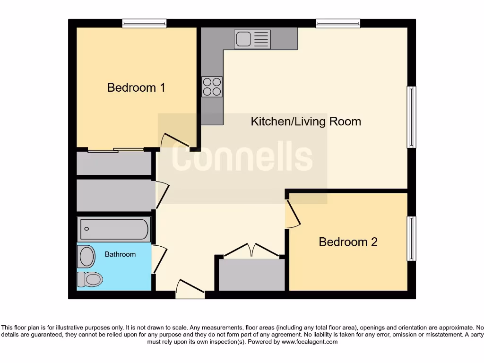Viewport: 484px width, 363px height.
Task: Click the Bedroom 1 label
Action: pyautogui.click(x=136, y=87)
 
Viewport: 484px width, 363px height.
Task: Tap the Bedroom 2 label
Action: pyautogui.click(x=348, y=242)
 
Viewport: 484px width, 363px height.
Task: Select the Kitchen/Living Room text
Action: pyautogui.click(x=305, y=121)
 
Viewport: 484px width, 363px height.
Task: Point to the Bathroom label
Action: pyautogui.click(x=120, y=254)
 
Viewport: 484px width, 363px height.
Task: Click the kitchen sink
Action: pyautogui.click(x=252, y=39)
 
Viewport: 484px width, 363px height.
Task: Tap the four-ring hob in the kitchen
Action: pyautogui.click(x=212, y=86)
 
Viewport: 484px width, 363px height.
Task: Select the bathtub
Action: pyautogui.click(x=114, y=230)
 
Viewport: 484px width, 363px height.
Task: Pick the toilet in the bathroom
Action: pyautogui.click(x=90, y=279)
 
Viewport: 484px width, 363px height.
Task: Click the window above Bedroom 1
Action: pyautogui.click(x=144, y=23)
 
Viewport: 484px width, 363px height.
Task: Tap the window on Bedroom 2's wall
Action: pyautogui.click(x=412, y=238)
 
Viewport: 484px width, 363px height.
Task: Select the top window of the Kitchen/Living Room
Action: pyautogui.click(x=338, y=23)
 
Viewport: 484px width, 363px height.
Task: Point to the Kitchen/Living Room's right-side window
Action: pyautogui.click(x=412, y=117)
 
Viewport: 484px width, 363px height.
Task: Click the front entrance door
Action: pyautogui.click(x=190, y=289)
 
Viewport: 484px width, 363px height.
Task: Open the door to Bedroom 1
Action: pyautogui.click(x=175, y=140)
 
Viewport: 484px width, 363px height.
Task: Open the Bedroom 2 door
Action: pyautogui.click(x=293, y=214)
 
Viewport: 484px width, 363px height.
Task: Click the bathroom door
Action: pyautogui.click(x=159, y=259)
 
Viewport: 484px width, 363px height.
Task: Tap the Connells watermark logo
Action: pyautogui.click(x=242, y=158)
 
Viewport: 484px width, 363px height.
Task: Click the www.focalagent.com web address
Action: pyautogui.click(x=309, y=342)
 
